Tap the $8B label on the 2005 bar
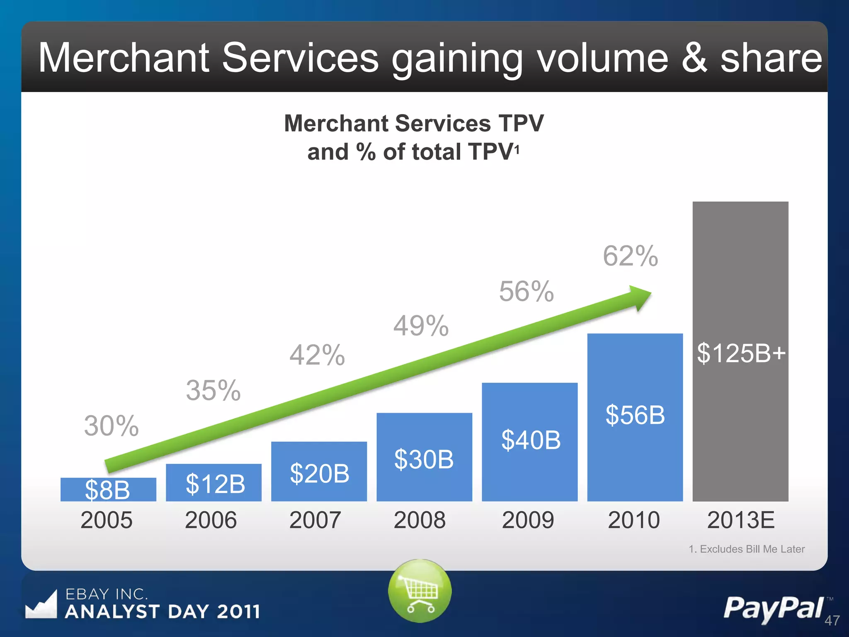(107, 490)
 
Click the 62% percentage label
(630, 256)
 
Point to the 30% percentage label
(111, 426)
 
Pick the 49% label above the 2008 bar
(421, 326)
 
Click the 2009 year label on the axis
(528, 520)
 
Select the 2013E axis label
(741, 520)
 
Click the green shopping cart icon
(420, 591)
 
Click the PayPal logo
(774, 608)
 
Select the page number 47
(832, 620)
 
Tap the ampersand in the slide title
(694, 58)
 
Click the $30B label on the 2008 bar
(424, 460)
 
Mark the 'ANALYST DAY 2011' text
(163, 612)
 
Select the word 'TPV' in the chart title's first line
(521, 124)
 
